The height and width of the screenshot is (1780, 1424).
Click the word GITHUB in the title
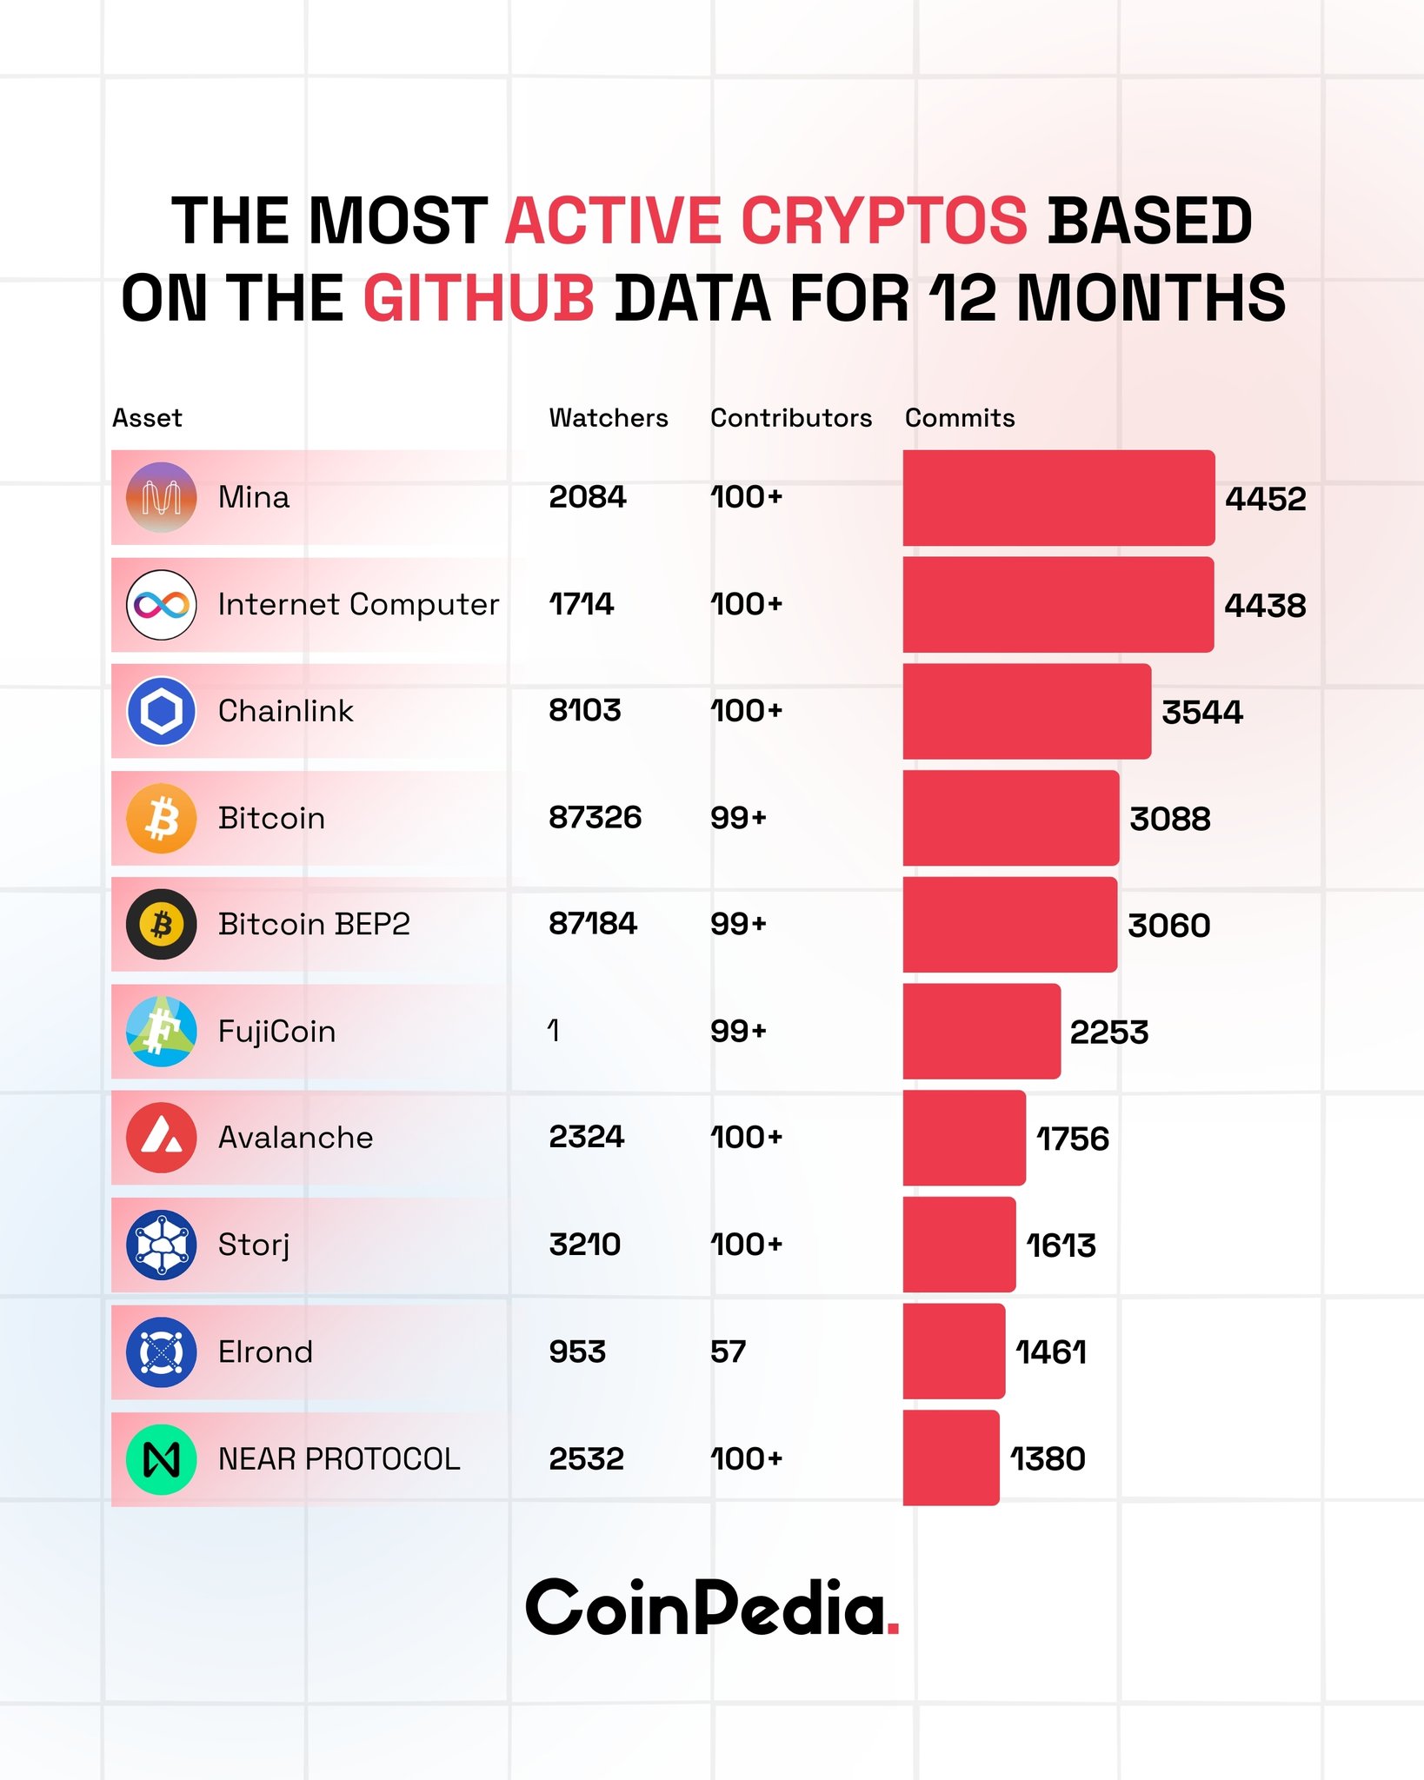click(x=478, y=298)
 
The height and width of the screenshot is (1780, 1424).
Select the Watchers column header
click(x=609, y=418)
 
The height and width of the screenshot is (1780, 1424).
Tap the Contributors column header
click(x=790, y=418)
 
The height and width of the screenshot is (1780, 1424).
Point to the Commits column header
click(x=960, y=418)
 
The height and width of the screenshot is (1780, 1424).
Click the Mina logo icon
click(x=162, y=497)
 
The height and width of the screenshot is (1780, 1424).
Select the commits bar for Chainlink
click(x=1026, y=711)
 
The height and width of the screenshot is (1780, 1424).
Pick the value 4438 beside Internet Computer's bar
click(x=1265, y=606)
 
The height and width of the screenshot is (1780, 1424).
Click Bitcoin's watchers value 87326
click(x=595, y=817)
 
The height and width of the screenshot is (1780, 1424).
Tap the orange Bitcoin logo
click(x=162, y=818)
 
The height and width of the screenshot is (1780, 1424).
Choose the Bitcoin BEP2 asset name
click(x=314, y=924)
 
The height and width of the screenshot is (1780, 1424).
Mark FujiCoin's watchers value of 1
click(x=554, y=1031)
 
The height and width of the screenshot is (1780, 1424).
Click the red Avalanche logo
click(x=162, y=1138)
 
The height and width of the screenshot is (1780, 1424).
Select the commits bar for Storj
click(x=958, y=1245)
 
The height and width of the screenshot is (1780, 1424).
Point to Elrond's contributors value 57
click(x=728, y=1352)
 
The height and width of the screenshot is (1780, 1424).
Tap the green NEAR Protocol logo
click(x=162, y=1459)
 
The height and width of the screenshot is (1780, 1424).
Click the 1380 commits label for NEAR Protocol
click(x=1048, y=1458)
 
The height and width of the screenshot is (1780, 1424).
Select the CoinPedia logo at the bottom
click(x=712, y=1607)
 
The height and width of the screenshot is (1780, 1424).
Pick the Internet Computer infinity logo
click(x=162, y=604)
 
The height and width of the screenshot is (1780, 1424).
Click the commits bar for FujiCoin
click(x=981, y=1031)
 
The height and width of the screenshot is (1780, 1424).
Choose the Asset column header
click(x=147, y=418)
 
